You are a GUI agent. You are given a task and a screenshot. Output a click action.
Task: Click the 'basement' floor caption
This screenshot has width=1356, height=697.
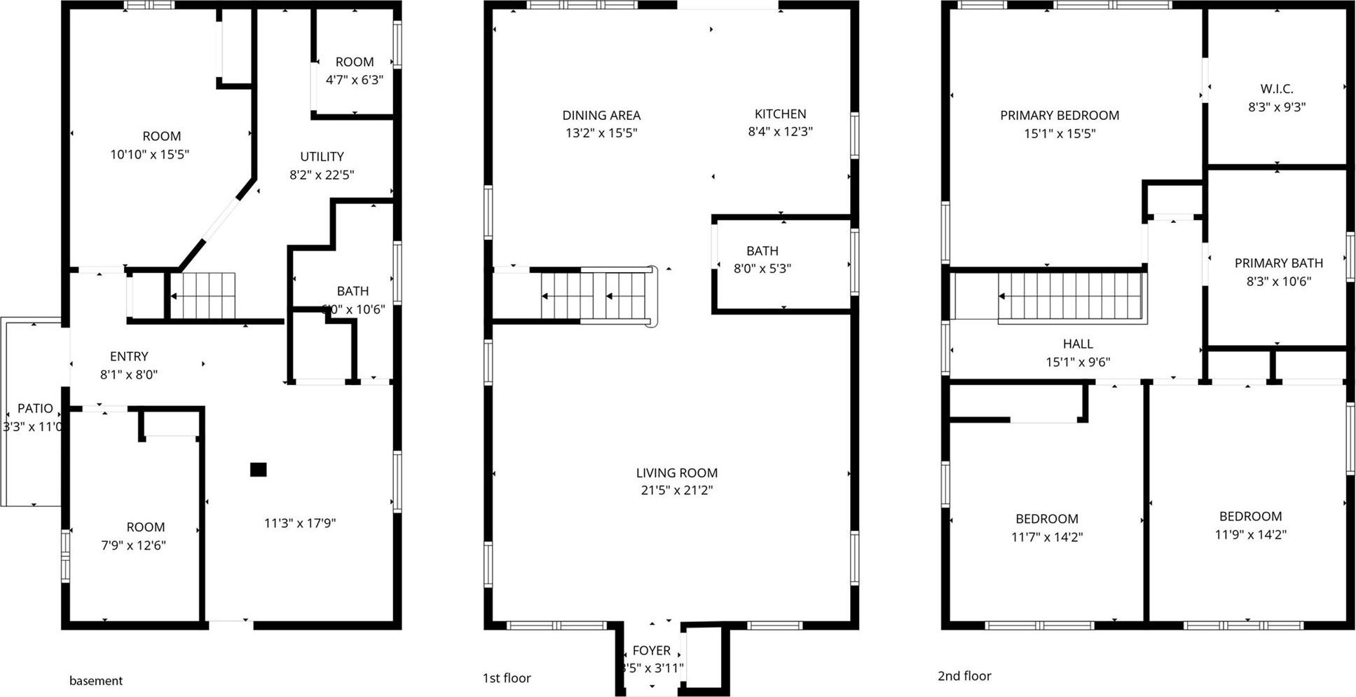coord(96,680)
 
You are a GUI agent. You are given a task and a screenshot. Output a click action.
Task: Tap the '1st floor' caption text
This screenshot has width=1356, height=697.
coord(507,677)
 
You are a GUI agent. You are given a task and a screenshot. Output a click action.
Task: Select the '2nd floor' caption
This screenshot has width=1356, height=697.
coord(964,675)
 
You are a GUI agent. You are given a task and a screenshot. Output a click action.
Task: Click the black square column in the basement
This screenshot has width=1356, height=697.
coord(259,470)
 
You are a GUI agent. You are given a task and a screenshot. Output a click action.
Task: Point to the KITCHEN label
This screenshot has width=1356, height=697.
coord(780,114)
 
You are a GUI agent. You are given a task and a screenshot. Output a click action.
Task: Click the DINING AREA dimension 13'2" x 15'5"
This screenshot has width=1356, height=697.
coord(601,133)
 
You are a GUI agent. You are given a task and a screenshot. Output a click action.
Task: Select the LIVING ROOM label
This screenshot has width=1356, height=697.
coord(676,473)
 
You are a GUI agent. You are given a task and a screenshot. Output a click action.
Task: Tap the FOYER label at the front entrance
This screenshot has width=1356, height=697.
coord(651,650)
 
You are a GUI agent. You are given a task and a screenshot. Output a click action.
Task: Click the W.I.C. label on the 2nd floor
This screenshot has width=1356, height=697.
coord(1276,89)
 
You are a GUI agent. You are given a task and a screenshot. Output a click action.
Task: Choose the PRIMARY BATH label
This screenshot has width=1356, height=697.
coord(1278,263)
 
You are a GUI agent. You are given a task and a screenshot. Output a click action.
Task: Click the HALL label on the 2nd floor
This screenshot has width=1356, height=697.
coord(1077,344)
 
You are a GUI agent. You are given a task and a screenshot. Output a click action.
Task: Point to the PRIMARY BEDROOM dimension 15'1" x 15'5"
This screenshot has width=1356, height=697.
coord(1059,133)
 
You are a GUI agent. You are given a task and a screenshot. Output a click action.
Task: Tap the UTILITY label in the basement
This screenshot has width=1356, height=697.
coord(322,156)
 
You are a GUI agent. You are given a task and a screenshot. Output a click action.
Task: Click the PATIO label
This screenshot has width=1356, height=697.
coord(34,408)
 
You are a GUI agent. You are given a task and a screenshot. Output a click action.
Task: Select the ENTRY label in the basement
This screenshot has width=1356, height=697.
coord(129,356)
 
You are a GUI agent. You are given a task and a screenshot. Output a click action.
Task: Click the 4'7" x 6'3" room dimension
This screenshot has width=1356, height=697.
coord(354,79)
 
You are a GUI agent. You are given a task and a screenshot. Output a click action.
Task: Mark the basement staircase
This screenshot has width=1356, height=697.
coord(203,296)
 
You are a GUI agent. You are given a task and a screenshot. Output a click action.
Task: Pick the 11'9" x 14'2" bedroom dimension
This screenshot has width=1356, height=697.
coord(1250,534)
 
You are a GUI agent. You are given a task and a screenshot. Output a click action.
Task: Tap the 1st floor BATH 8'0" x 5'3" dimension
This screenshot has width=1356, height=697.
coord(762,268)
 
